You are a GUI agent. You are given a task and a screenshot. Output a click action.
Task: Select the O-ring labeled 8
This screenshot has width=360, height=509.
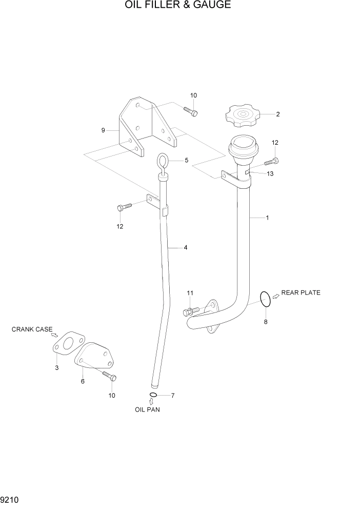click(x=265, y=299)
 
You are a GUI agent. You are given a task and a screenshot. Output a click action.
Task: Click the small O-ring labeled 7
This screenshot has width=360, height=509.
click(x=152, y=395)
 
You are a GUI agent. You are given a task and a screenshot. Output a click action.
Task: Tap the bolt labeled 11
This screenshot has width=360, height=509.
click(x=191, y=311)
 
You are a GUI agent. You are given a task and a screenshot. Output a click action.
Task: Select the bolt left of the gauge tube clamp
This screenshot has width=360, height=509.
click(x=124, y=206)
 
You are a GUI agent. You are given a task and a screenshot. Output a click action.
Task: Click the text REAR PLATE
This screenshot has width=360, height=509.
click(x=301, y=293)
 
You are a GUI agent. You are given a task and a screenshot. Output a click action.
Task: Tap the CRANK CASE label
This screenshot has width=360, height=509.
click(x=32, y=329)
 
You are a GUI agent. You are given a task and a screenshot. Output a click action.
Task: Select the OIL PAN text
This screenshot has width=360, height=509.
click(x=147, y=409)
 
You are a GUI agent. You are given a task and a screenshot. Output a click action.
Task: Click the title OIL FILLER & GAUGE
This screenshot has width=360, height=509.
click(x=177, y=6)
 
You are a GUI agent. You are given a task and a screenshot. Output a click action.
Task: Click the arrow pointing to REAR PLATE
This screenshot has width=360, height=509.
click(x=275, y=295)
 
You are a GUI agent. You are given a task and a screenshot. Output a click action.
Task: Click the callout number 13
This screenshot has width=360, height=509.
click(x=270, y=174)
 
